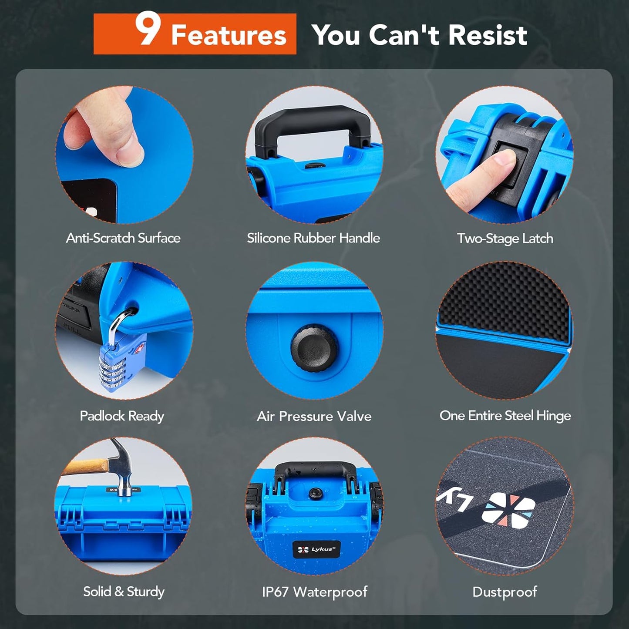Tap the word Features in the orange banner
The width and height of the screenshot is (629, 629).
[x=229, y=35]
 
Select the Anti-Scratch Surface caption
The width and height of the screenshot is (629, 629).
[x=123, y=238]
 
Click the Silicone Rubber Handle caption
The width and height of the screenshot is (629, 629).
[x=313, y=238]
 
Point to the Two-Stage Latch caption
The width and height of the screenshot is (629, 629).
[x=505, y=239]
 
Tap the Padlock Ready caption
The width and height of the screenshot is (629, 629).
[x=122, y=416]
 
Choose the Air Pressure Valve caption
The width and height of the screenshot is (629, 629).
[x=314, y=417]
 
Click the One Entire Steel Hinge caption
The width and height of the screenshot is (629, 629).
[x=505, y=416]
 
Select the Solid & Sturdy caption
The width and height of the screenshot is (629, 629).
[x=124, y=592]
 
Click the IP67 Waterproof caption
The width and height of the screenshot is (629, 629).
[x=314, y=592]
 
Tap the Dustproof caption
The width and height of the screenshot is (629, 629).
[x=505, y=592]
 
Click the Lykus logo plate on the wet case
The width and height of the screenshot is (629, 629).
[x=316, y=549]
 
